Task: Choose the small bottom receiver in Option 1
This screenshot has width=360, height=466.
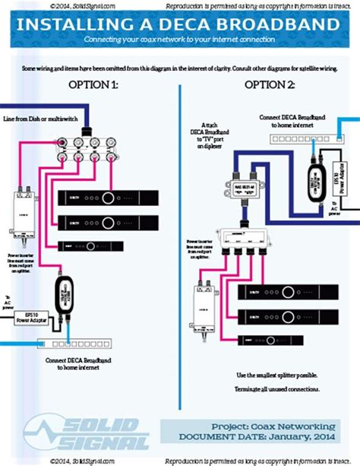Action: point(90,246)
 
